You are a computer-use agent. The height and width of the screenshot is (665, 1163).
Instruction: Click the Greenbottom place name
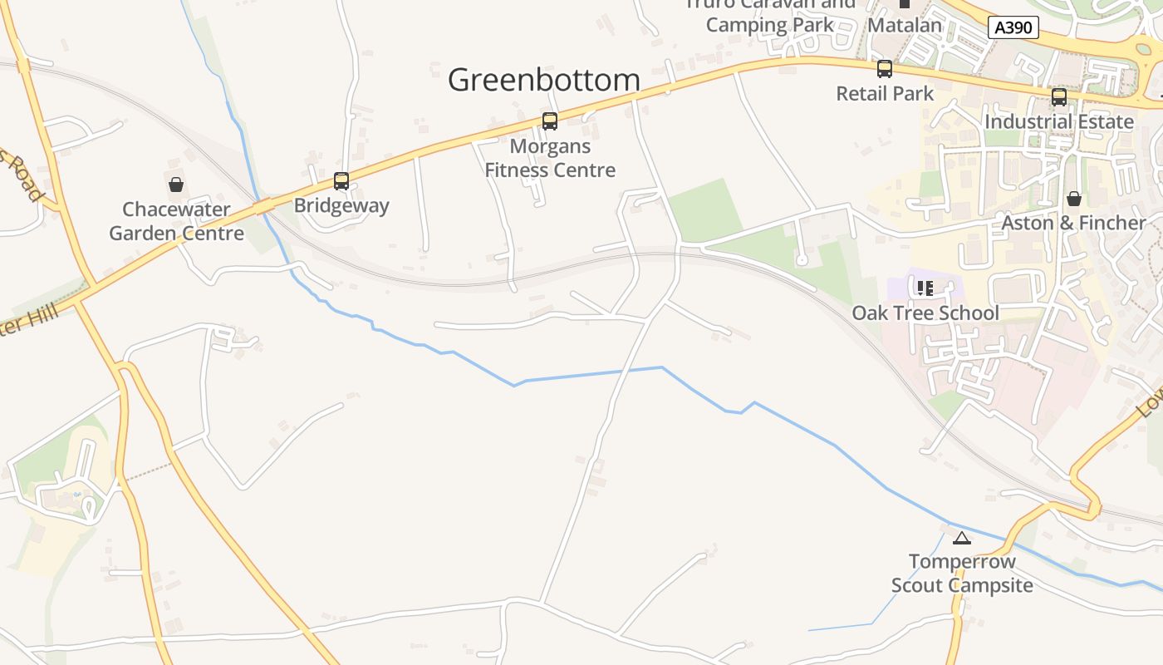coord(544,80)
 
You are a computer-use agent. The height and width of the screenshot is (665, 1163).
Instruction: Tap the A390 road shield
coord(1014,27)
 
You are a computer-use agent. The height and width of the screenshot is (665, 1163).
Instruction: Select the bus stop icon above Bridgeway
coord(341,180)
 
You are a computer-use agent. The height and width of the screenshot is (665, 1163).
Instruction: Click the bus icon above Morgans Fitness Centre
coord(549,121)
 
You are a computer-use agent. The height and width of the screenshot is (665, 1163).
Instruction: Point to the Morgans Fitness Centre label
coord(550,158)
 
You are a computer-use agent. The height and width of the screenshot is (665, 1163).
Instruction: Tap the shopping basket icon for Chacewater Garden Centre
coord(176,184)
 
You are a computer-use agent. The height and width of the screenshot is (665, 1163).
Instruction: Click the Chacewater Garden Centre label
coord(176,221)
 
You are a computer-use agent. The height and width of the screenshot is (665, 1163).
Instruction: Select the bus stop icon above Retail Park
coord(885,69)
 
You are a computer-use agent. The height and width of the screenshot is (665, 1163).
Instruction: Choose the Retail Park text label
coord(885,93)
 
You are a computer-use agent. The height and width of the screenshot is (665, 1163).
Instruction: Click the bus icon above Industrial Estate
coord(1059,97)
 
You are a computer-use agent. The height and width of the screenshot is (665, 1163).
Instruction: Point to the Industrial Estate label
coord(1059,121)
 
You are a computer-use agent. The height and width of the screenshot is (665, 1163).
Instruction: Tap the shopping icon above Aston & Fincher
coord(1073,199)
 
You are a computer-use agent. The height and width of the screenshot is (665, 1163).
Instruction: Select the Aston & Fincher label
coord(1073,223)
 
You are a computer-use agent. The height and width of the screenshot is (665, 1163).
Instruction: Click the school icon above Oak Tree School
coord(925,288)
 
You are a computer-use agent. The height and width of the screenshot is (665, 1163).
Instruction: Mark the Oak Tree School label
coord(925,313)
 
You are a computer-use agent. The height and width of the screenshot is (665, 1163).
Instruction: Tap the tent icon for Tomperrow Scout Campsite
coord(962,538)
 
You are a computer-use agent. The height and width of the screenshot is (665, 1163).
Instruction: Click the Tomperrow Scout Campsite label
coord(962,574)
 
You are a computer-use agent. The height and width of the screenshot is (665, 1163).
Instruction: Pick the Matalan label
coord(905,25)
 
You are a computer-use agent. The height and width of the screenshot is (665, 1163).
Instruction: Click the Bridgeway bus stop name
coord(341,205)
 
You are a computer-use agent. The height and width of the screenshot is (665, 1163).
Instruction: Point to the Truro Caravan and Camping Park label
coord(770,14)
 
